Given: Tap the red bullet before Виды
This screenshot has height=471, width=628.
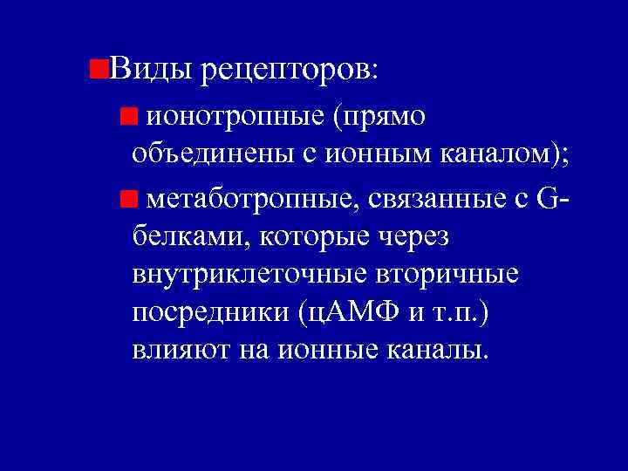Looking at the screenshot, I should pyautogui.click(x=99, y=67).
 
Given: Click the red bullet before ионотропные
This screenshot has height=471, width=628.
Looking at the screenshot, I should pyautogui.click(x=129, y=116).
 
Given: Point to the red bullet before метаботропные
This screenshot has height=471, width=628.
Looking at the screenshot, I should pyautogui.click(x=129, y=200).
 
